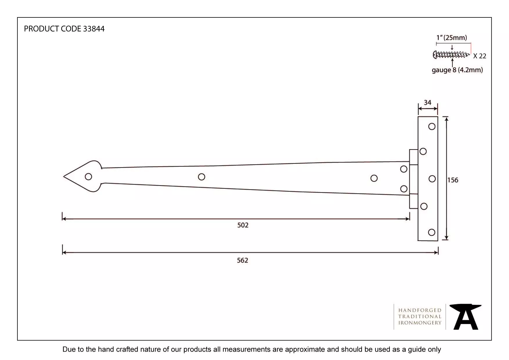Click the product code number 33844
click(x=93, y=29)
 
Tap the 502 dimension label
click(x=243, y=225)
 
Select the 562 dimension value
click(x=243, y=260)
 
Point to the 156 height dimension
click(x=452, y=180)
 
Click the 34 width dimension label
click(x=427, y=102)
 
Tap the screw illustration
click(x=451, y=55)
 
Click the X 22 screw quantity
click(x=479, y=56)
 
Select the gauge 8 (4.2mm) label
click(x=457, y=70)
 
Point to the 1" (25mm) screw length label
click(x=452, y=38)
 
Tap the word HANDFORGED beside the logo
click(x=420, y=310)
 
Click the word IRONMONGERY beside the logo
click(x=420, y=323)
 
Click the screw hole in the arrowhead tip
click(x=89, y=177)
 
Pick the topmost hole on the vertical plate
click(x=432, y=127)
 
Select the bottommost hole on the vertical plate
click(x=432, y=232)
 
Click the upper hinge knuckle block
click(x=414, y=157)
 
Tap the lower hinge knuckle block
click(x=414, y=201)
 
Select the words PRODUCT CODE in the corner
click(x=53, y=29)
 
